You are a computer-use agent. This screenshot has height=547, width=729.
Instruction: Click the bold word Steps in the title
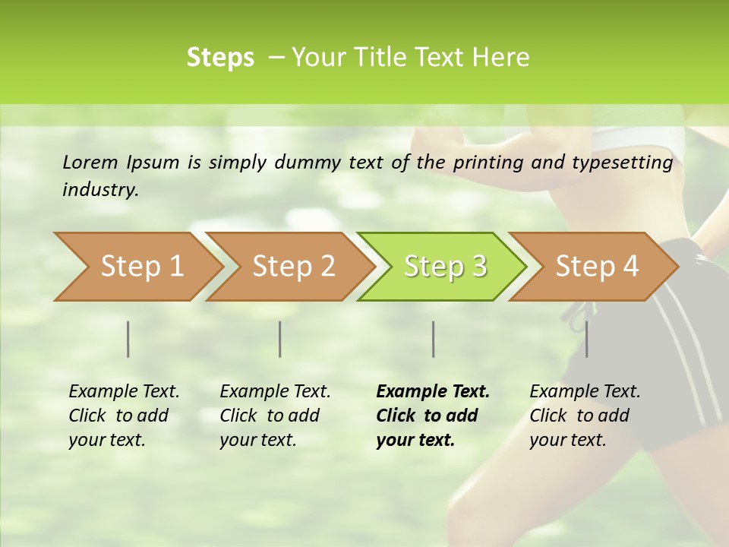(220, 58)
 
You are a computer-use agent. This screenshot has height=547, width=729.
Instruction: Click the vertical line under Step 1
(128, 339)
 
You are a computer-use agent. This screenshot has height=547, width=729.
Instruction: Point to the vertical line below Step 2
(280, 339)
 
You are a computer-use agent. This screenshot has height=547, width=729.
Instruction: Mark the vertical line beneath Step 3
(434, 339)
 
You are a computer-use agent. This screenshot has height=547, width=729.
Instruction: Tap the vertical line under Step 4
(587, 339)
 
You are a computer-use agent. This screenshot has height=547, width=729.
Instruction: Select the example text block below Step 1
(124, 415)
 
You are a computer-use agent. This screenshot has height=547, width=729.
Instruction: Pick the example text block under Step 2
(275, 415)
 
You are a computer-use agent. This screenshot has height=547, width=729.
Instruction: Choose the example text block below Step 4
(585, 415)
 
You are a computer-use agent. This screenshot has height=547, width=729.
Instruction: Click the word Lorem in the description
(90, 162)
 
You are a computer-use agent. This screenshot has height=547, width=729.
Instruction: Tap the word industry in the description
(100, 189)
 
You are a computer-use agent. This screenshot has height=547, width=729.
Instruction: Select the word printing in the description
(483, 163)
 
